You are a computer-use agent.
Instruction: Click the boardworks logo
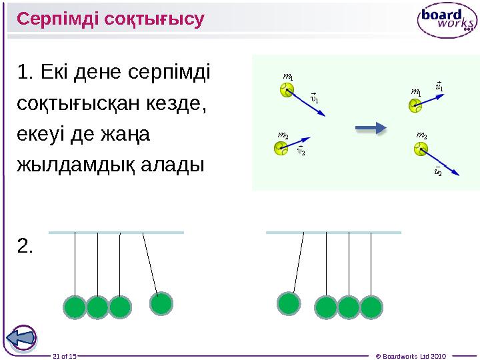447,20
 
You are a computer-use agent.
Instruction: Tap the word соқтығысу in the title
154,19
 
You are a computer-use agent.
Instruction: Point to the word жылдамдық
75,165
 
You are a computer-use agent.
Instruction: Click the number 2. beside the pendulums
25,246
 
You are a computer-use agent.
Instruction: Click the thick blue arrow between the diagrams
371,128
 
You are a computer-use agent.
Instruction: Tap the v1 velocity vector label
315,98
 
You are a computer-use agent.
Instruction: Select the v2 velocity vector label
301,150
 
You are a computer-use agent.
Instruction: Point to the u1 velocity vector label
439,87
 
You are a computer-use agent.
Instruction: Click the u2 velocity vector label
438,171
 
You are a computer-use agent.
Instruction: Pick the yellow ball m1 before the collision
287,90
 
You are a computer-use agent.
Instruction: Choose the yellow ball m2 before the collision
281,148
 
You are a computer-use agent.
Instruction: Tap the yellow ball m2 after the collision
421,149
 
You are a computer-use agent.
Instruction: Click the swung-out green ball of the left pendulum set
161,304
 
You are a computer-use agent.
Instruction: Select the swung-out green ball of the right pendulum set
289,304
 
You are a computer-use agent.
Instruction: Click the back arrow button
21,339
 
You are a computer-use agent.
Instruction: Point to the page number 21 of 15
65,356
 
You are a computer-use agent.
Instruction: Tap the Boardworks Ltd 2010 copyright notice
411,356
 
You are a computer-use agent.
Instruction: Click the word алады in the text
173,165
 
